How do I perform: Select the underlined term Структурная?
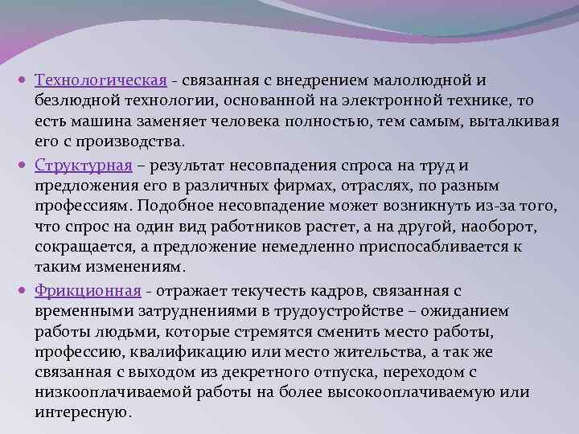[83, 166]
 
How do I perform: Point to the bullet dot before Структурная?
[26, 166]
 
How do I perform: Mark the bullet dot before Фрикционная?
[26, 291]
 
